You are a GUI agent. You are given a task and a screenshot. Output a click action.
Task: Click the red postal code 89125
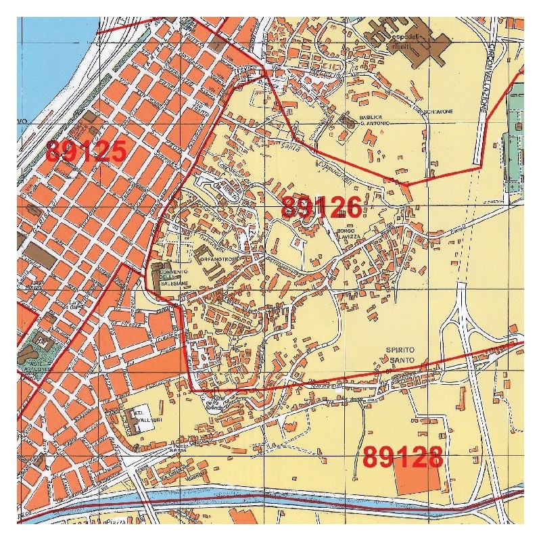coord(86,151)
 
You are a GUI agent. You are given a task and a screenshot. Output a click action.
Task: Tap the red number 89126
coord(321,207)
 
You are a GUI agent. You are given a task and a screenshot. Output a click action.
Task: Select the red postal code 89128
coord(402,458)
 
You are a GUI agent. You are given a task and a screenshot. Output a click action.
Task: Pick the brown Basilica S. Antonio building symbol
coord(348,122)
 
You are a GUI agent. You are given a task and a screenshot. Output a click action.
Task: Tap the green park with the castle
coord(38,349)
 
